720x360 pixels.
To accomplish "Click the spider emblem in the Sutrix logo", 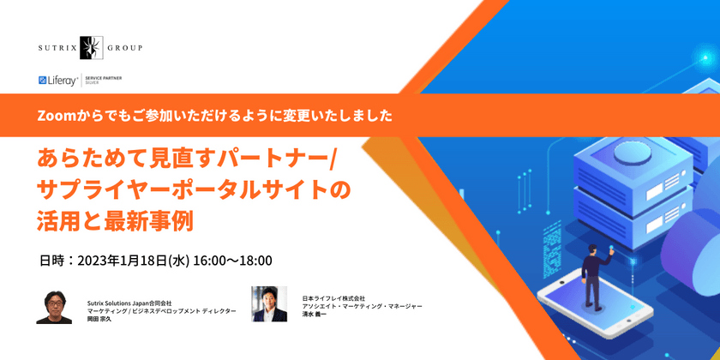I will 91,48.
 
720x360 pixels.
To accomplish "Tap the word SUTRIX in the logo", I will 59,48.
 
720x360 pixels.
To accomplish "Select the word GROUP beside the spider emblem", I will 125,48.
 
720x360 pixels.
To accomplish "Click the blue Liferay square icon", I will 43,81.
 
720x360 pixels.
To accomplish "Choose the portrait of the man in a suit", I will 268,303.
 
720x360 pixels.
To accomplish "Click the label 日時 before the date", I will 51,260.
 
